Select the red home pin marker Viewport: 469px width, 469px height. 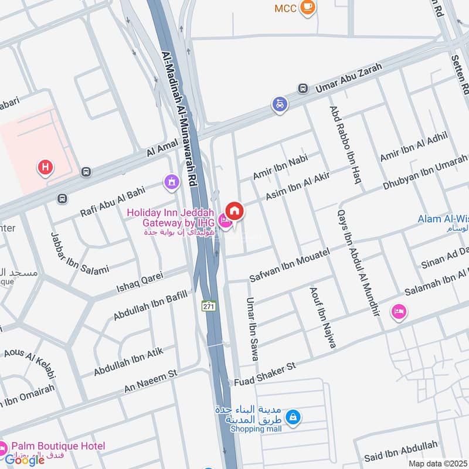(x=234, y=210)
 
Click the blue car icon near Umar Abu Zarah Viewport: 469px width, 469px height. (x=280, y=104)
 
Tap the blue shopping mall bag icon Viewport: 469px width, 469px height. (x=294, y=417)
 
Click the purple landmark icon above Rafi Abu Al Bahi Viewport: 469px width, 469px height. (x=171, y=182)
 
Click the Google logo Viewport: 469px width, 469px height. (x=25, y=460)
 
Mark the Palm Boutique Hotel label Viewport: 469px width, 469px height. (x=56, y=446)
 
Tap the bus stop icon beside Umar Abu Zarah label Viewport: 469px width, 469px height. (x=303, y=89)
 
